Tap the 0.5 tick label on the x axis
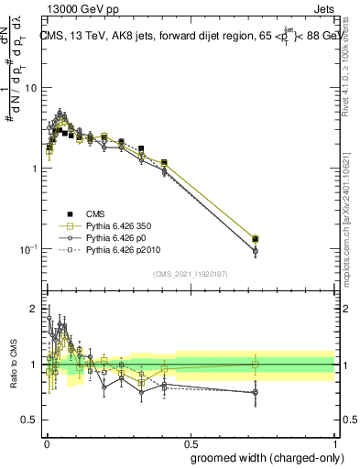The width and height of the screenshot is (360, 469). click(x=191, y=442)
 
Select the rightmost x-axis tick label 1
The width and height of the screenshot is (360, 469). click(x=335, y=442)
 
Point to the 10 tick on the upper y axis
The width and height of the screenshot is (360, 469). click(x=30, y=88)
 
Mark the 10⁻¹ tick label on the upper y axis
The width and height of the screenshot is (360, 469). click(x=28, y=249)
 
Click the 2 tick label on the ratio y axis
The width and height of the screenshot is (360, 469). click(x=35, y=309)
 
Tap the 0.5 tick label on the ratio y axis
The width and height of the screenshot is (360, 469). click(x=30, y=420)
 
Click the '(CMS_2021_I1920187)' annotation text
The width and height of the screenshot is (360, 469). click(x=190, y=272)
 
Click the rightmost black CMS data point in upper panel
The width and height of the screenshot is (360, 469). click(x=256, y=239)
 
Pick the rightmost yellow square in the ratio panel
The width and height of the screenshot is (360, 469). click(x=256, y=365)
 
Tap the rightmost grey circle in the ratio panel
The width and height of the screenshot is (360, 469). click(x=256, y=392)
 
